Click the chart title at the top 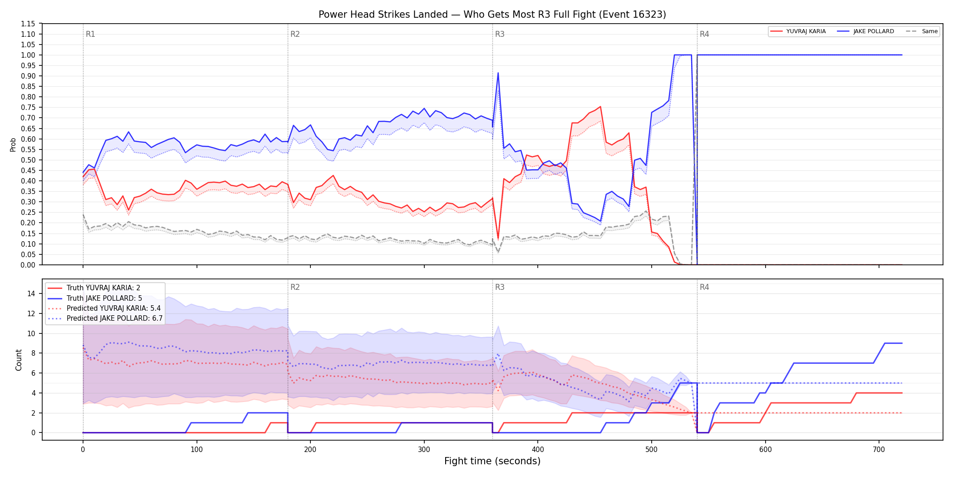click(492, 15)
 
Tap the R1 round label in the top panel click(90, 34)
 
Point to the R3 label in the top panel click(500, 34)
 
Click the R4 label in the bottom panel click(704, 287)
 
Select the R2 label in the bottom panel click(295, 287)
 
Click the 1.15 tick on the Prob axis click(28, 24)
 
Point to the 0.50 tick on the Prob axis click(28, 160)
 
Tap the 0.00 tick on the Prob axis click(28, 265)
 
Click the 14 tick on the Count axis click(31, 293)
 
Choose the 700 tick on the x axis click(879, 450)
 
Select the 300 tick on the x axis click(424, 450)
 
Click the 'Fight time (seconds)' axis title click(492, 461)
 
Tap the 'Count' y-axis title click(19, 360)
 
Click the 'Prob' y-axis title click(13, 144)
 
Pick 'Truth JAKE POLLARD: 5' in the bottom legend click(104, 298)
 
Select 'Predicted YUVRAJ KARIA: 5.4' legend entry click(113, 308)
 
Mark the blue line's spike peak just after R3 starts click(498, 73)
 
